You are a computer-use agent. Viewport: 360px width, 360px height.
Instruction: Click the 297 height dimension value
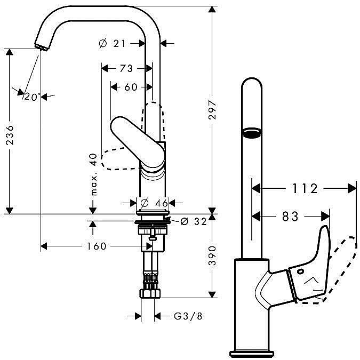click(x=212, y=109)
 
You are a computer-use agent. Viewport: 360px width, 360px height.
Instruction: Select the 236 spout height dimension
click(x=10, y=135)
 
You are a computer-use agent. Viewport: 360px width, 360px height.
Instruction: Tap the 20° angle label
click(x=33, y=97)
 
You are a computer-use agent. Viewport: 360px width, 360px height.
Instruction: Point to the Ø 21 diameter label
click(x=112, y=43)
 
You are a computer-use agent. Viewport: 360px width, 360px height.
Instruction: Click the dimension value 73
click(x=126, y=68)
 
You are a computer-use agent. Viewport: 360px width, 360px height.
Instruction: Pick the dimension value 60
click(x=131, y=87)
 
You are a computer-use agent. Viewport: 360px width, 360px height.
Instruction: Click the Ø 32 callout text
click(x=194, y=221)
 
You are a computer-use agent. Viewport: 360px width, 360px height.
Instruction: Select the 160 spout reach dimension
click(x=97, y=246)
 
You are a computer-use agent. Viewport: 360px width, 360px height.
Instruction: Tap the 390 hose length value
click(x=212, y=255)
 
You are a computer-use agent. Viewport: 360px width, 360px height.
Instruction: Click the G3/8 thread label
click(x=188, y=316)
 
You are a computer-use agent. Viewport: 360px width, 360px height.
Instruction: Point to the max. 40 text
click(x=94, y=174)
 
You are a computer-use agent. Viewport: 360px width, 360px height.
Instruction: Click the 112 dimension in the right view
click(x=305, y=188)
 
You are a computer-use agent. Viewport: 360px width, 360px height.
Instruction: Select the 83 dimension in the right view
click(x=290, y=217)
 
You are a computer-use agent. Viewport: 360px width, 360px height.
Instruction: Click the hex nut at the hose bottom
click(x=150, y=294)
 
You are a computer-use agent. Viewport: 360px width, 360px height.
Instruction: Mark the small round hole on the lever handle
click(x=300, y=271)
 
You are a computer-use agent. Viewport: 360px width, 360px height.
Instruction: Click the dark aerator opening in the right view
click(x=252, y=133)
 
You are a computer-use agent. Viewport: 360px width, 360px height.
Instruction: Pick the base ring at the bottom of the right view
click(x=252, y=354)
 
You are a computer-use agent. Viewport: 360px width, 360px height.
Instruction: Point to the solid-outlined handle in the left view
click(x=138, y=143)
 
